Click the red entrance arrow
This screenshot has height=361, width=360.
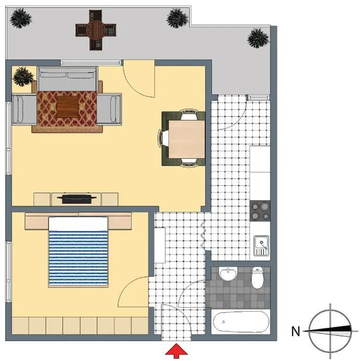click(x=176, y=351)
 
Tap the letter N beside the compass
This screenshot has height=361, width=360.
click(x=296, y=332)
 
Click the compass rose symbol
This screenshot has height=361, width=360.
click(x=330, y=331)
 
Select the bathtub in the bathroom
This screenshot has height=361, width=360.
click(x=241, y=322)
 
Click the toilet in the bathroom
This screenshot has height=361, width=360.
click(x=258, y=278)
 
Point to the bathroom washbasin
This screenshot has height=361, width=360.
click(x=228, y=274)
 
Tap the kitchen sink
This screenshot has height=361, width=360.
click(x=261, y=245)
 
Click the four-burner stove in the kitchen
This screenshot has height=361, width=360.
click(x=260, y=211)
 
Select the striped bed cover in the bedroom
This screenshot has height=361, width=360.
click(x=78, y=258)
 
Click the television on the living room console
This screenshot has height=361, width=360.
click(x=76, y=199)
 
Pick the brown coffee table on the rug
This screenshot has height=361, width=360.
click(x=67, y=107)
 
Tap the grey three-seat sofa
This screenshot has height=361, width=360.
click(x=67, y=79)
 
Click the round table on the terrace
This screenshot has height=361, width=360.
click(x=96, y=29)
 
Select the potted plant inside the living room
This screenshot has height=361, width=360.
click(x=23, y=76)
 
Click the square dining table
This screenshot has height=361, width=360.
click(x=187, y=139)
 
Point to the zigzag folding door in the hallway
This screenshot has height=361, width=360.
click(x=204, y=234)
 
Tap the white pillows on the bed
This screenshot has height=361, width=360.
click(x=78, y=224)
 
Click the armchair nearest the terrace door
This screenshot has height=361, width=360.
click(x=109, y=109)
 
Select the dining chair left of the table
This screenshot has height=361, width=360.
click(x=163, y=138)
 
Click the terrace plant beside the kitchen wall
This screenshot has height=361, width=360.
click(x=258, y=38)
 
